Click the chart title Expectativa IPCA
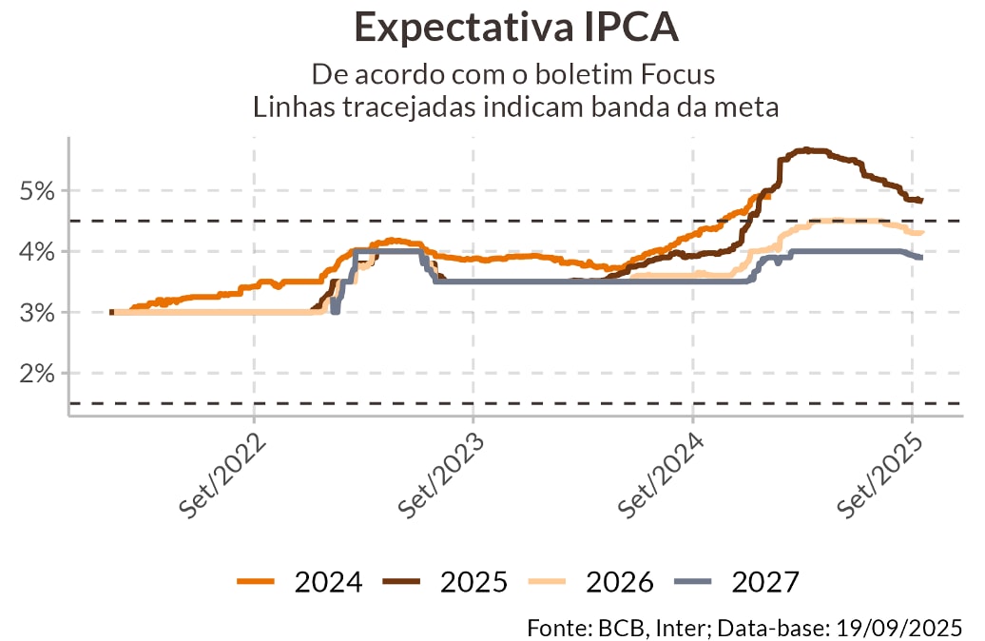tap(515, 27)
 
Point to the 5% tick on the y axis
tap(37, 191)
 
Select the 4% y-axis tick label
tap(37, 252)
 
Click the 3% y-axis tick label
tap(37, 313)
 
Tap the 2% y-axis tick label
tap(37, 374)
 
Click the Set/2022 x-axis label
tap(222, 476)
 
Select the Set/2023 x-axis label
tap(441, 476)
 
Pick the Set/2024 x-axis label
tap(661, 476)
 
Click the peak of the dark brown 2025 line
tap(806, 149)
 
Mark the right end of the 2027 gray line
tap(920, 258)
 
